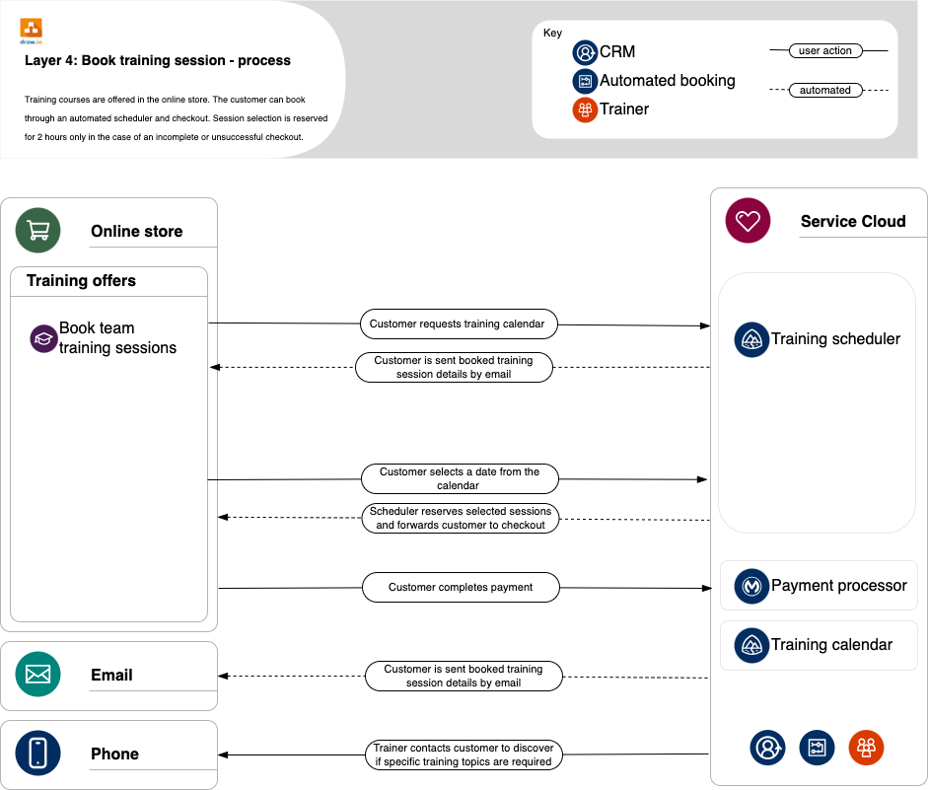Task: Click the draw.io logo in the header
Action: (31, 30)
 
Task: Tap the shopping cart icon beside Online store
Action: (37, 231)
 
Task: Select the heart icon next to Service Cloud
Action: (748, 221)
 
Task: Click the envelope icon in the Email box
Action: (37, 675)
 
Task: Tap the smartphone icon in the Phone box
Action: (37, 754)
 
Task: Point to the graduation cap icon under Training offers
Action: (43, 338)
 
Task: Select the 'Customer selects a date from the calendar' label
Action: (459, 478)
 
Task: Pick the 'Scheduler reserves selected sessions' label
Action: (460, 518)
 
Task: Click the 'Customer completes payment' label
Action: (460, 587)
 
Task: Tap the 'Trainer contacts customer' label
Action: (464, 754)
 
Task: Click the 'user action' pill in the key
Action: (824, 50)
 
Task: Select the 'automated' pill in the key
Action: (824, 90)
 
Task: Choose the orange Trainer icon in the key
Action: (585, 109)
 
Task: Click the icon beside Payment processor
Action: (751, 586)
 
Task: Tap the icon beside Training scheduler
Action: (751, 339)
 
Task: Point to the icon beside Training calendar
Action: (751, 645)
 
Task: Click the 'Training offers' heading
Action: (81, 281)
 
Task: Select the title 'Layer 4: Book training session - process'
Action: (158, 60)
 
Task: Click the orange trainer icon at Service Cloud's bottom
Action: (866, 748)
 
